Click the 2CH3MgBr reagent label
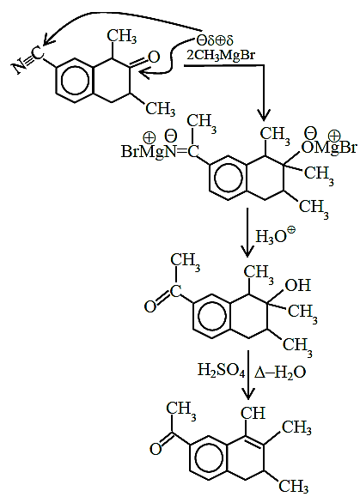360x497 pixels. tap(221, 55)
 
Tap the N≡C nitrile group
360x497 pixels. tap(28, 61)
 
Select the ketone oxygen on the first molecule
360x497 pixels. tap(154, 57)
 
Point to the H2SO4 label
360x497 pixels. tap(221, 370)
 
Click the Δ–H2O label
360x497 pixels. tap(280, 372)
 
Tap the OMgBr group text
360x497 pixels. tap(329, 148)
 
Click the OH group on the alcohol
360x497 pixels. tap(297, 285)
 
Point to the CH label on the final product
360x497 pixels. tap(253, 413)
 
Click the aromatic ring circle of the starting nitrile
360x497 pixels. tap(75, 81)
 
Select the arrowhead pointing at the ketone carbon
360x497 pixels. tap(143, 74)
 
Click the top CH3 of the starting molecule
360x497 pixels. tap(122, 36)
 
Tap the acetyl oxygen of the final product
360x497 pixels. tap(156, 449)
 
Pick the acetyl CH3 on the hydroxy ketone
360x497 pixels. tap(186, 262)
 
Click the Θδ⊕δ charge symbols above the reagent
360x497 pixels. tap(215, 40)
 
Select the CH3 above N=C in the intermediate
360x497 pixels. tap(202, 123)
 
